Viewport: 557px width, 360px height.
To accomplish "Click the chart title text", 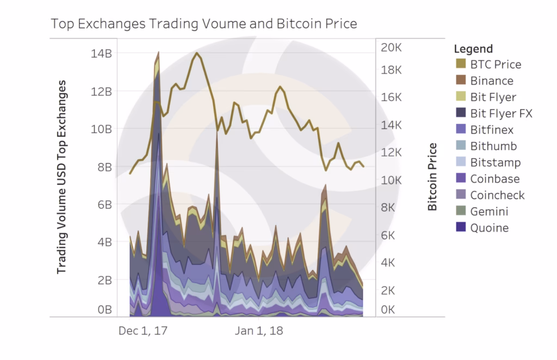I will point(204,24).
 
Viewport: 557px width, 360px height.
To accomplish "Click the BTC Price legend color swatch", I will point(461,64).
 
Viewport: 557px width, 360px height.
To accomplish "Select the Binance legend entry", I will point(491,80).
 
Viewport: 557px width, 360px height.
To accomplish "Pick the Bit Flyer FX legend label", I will point(501,113).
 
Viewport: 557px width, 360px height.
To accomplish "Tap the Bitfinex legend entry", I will point(491,129).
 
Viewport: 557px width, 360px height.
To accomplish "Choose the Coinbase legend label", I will point(494,178).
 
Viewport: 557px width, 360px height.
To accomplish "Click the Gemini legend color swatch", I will point(461,211).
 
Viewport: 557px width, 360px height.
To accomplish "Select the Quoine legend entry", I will point(489,227).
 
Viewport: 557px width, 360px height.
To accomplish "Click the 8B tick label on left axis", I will point(103,167).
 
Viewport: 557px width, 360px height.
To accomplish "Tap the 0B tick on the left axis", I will point(103,309).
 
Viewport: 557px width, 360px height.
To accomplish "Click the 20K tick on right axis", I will point(391,48).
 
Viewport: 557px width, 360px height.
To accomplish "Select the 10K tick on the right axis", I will point(391,180).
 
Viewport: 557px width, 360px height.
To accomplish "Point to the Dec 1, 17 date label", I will point(143,331).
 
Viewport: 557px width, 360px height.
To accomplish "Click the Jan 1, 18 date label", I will point(259,331).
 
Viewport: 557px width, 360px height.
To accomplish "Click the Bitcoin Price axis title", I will point(432,177).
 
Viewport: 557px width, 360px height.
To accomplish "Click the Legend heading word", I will point(473,48).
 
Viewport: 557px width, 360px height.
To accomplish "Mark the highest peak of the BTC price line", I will point(196,53).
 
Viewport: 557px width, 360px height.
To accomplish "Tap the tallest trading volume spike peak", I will point(158,52).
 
